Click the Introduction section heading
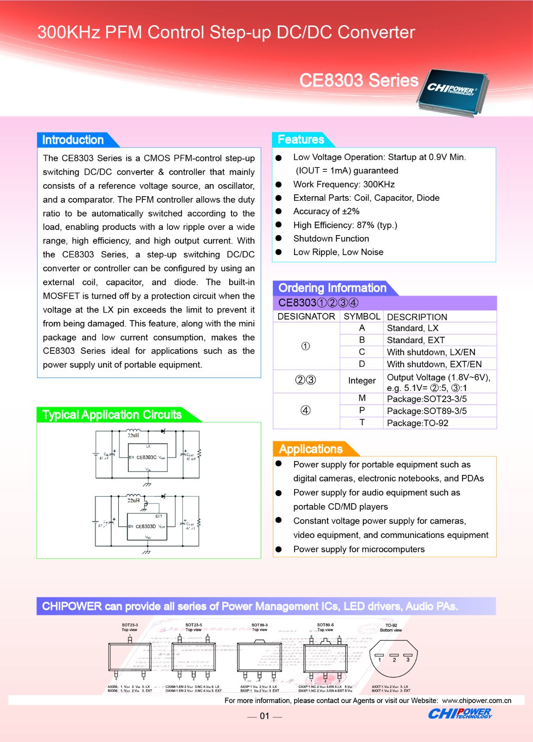point(73,140)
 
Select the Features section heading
point(301,139)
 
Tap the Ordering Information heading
point(332,288)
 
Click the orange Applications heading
point(310,449)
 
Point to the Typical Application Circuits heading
point(112,415)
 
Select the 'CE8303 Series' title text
point(359,80)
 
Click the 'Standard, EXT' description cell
point(416,340)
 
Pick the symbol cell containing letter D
point(362,364)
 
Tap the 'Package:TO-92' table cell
point(417,423)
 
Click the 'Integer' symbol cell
point(362,381)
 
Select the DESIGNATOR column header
point(306,316)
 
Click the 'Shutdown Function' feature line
point(331,238)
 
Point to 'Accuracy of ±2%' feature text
point(326,211)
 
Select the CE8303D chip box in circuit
point(147,527)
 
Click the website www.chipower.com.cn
point(476,700)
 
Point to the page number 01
point(264,716)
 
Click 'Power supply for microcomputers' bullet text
point(359,549)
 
